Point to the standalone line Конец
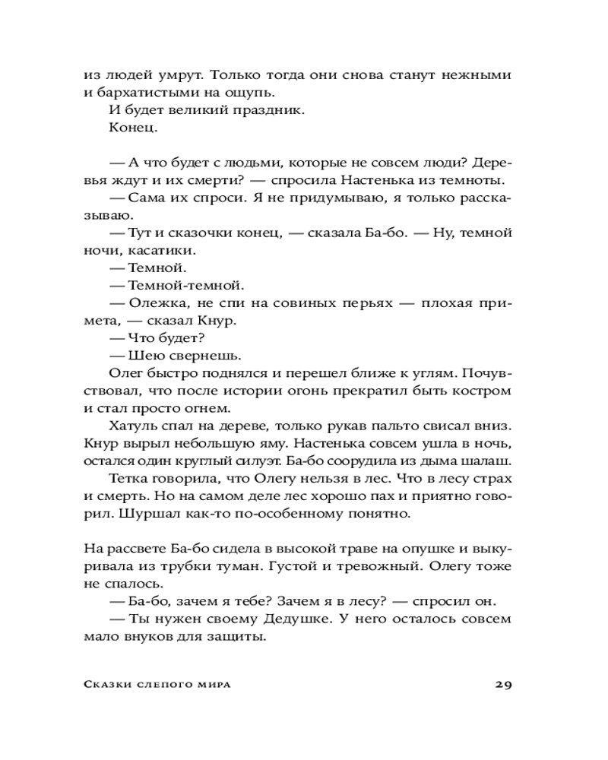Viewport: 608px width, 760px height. coord(133,128)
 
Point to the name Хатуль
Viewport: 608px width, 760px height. coord(135,426)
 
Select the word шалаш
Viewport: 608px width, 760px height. coord(484,461)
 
